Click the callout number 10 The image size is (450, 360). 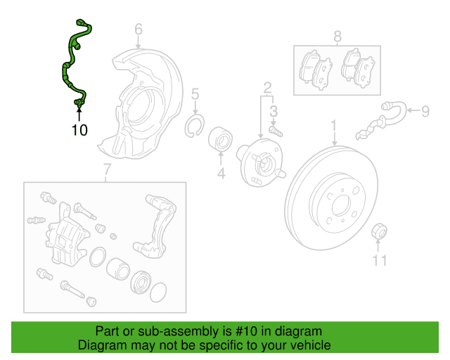[x=79, y=129]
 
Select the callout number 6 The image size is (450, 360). [x=139, y=30]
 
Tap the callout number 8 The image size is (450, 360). [x=337, y=35]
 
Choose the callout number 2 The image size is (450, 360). [x=268, y=87]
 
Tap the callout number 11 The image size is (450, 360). [x=380, y=262]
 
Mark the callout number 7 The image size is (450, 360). [x=107, y=169]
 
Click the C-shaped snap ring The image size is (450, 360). [x=194, y=127]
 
